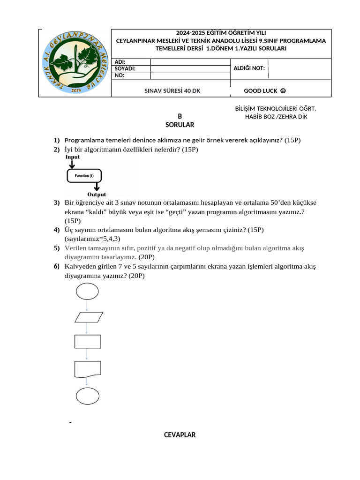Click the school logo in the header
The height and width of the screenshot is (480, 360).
coord(75,63)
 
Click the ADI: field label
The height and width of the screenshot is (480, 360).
coord(120,62)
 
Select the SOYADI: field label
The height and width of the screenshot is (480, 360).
coord(125,68)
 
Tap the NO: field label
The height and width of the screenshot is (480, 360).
coord(120,75)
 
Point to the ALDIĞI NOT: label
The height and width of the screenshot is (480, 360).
coord(248,68)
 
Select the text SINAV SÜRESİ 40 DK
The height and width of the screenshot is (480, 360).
coord(172,90)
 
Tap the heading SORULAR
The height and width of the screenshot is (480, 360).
coord(180,125)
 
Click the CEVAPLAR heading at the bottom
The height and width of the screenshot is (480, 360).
coord(180,435)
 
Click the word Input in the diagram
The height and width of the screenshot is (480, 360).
coord(72,157)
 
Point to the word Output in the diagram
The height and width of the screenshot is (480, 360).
coord(97,194)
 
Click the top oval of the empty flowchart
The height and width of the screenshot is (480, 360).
coord(87,291)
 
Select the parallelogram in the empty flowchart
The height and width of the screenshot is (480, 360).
coord(89,317)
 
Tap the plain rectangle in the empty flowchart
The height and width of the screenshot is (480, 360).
coord(87,342)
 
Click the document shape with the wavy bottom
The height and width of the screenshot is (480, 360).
coord(87,369)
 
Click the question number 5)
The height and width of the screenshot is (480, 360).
coord(56,248)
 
